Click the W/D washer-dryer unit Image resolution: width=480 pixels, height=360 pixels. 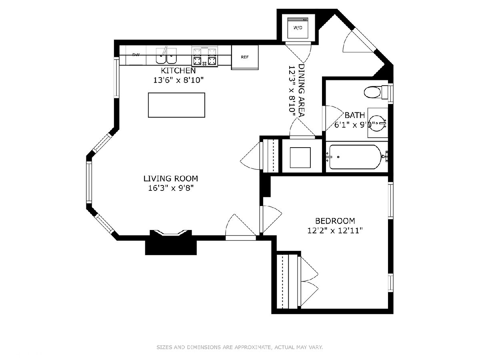point(298,28)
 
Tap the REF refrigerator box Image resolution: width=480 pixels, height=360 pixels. point(245,57)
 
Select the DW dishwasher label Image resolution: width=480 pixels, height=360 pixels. point(136,55)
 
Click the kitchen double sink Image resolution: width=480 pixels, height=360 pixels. point(166,56)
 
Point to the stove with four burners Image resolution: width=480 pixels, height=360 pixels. point(205,56)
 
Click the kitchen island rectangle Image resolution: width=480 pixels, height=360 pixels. point(176,105)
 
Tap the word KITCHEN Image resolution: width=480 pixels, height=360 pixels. point(178,71)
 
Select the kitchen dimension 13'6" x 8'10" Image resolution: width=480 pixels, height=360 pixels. point(178,80)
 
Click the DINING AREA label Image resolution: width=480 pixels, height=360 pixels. point(302,90)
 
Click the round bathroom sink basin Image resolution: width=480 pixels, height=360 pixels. point(378,123)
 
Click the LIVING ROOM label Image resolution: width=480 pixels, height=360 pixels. point(170,178)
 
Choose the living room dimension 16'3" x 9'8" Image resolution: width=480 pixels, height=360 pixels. point(171,188)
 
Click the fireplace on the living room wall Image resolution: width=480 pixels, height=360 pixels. point(171,242)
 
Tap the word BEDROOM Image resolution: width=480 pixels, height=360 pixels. point(335,221)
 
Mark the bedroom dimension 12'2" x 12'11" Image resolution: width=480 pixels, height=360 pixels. point(335,231)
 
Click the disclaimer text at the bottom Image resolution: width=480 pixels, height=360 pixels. point(240,347)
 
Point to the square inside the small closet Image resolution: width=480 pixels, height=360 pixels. point(300,158)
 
